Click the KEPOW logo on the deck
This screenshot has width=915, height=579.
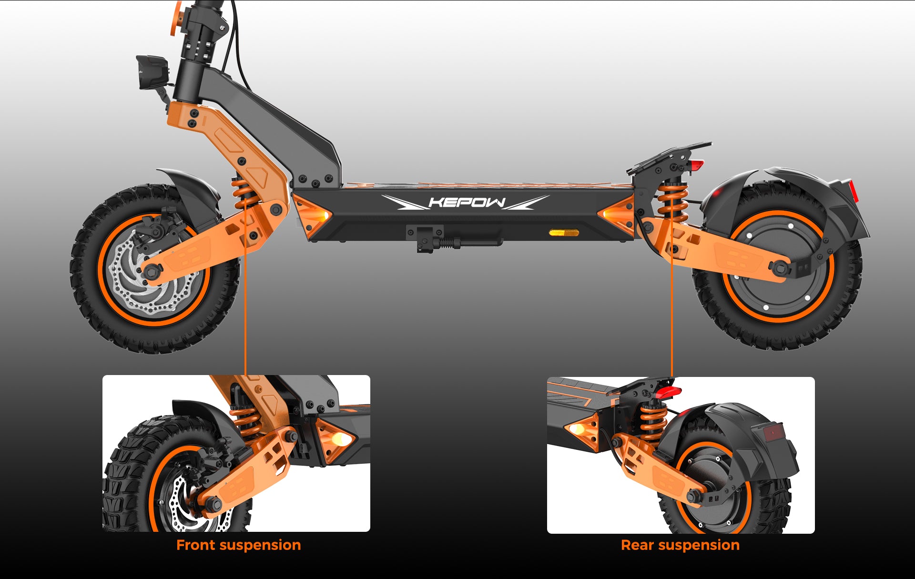466,202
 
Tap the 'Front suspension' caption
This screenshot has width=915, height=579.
238,545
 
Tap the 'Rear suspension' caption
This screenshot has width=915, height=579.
680,545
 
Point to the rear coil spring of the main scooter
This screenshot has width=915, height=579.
672,202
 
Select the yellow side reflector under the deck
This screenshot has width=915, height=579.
564,233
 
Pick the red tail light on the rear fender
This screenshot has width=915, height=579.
853,191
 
